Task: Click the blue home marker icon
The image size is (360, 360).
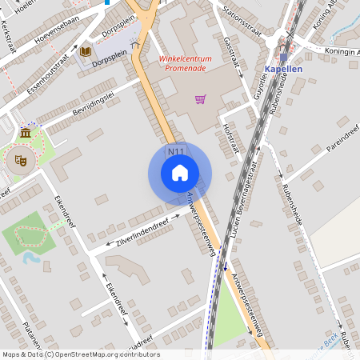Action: (180, 173)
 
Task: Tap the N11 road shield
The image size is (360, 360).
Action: (176, 151)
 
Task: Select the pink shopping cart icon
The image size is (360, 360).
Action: (200, 99)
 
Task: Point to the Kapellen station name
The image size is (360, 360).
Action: (282, 70)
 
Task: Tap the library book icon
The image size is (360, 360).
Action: (84, 52)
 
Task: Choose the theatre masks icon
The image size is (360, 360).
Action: (22, 160)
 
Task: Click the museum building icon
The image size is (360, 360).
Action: (26, 132)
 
